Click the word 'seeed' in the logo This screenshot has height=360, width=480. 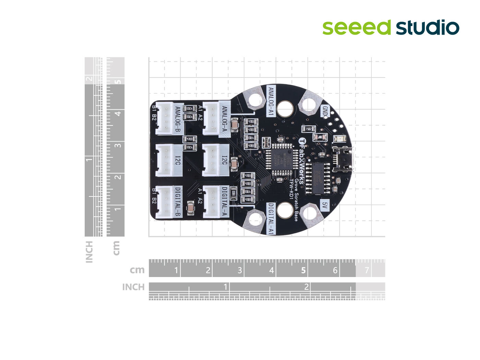coord(356,27)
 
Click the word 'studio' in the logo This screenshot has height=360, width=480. coord(428,27)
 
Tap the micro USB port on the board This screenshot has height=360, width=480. coord(343,159)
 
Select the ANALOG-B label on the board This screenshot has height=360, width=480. coord(178,120)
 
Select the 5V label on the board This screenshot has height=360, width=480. coord(325,205)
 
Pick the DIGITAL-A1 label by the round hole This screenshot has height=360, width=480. coord(271,218)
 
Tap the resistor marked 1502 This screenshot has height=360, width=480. coord(308,129)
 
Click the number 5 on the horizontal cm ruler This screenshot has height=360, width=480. coord(303,271)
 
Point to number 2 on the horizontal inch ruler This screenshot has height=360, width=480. coord(306,287)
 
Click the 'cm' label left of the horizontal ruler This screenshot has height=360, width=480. coord(137,270)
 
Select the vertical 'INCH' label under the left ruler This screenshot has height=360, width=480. coord(89,252)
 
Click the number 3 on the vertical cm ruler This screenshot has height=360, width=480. coord(118,145)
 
